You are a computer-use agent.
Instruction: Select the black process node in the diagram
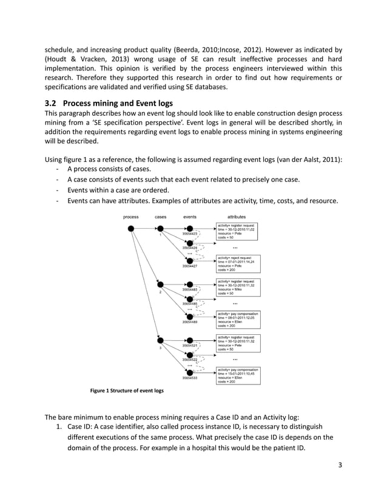point(130,228)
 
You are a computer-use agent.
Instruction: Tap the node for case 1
point(161,229)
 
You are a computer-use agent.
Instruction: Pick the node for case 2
point(161,284)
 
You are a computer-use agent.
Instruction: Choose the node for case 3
point(161,340)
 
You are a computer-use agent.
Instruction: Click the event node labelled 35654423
point(190,229)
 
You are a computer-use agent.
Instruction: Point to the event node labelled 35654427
point(190,261)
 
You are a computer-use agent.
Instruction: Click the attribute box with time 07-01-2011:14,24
point(238,264)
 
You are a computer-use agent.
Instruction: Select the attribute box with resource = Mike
point(238,287)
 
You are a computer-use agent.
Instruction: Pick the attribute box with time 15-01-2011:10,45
point(238,375)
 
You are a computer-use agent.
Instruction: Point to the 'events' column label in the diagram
point(189,217)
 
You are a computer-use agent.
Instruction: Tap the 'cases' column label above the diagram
point(161,217)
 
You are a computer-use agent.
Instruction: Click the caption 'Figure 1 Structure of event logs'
point(126,391)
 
